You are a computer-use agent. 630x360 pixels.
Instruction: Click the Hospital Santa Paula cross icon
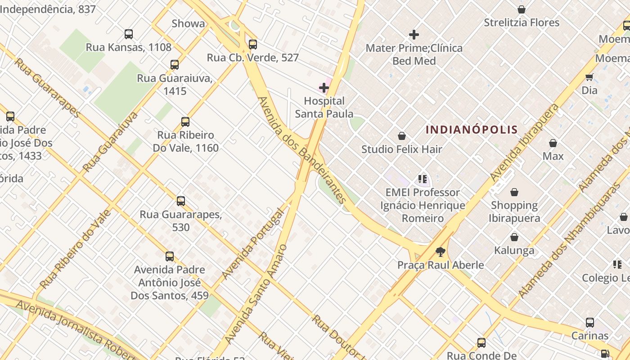pos(324,88)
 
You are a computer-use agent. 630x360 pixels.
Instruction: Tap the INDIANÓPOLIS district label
pos(472,130)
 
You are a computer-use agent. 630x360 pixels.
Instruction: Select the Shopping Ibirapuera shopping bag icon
pos(514,193)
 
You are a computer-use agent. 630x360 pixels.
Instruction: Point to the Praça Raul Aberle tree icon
pos(440,252)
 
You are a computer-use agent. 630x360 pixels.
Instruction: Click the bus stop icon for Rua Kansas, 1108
pos(129,34)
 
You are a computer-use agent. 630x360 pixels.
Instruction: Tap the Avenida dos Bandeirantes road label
pos(302,150)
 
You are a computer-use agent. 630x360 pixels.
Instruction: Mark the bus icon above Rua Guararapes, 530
pos(180,201)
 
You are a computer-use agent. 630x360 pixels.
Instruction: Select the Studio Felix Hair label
pos(402,149)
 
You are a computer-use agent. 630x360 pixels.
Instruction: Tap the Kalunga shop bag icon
pos(514,237)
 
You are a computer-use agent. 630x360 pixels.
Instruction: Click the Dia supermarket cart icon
pos(589,77)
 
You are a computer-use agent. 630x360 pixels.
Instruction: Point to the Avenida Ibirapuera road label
pos(525,143)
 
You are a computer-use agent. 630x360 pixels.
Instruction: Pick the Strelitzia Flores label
pos(522,22)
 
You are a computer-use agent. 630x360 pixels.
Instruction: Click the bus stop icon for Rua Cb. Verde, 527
pos(253,44)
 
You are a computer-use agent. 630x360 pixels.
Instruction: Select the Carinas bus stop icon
pos(590,322)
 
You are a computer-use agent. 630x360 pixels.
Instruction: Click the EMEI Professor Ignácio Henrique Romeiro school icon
pos(422,179)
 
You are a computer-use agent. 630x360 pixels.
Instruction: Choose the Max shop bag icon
pos(553,143)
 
